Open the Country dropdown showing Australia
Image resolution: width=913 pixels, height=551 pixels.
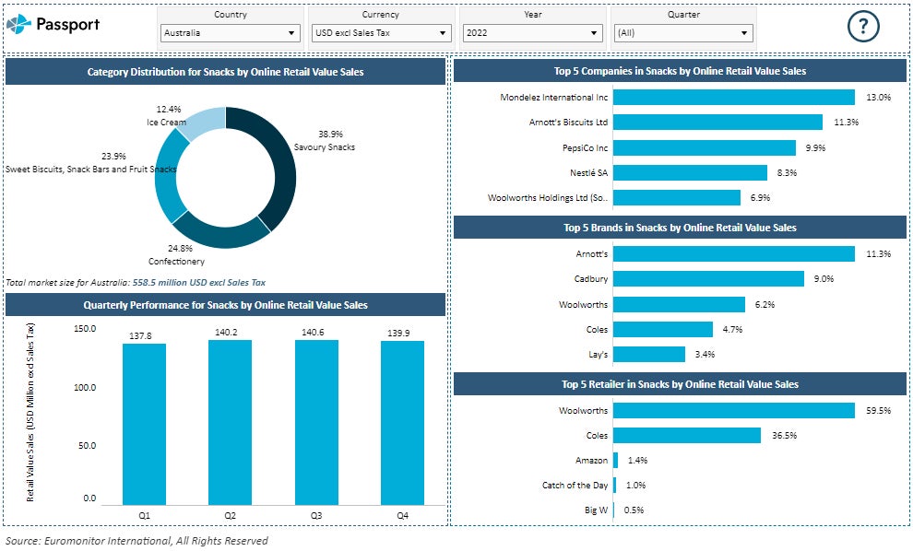pyautogui.click(x=230, y=33)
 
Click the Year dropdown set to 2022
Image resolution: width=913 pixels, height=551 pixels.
pyautogui.click(x=532, y=33)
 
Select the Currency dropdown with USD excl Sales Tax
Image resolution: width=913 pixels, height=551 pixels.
pyautogui.click(x=381, y=33)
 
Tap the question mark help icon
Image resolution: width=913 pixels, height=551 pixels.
pyautogui.click(x=863, y=27)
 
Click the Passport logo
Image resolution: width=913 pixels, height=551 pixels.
pyautogui.click(x=53, y=25)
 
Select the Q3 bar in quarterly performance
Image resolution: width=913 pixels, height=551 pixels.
pyautogui.click(x=316, y=422)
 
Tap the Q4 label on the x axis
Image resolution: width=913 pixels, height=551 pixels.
pyautogui.click(x=402, y=516)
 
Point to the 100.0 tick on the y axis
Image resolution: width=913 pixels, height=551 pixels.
pyautogui.click(x=84, y=388)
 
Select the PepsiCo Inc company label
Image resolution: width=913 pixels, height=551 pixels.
pyautogui.click(x=586, y=147)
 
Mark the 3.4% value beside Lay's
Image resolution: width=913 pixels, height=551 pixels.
pyautogui.click(x=705, y=354)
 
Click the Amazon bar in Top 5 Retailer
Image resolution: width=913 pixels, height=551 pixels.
pyautogui.click(x=616, y=460)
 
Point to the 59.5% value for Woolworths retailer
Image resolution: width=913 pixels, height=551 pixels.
pyautogui.click(x=878, y=411)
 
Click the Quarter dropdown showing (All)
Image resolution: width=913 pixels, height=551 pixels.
pyautogui.click(x=683, y=33)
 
